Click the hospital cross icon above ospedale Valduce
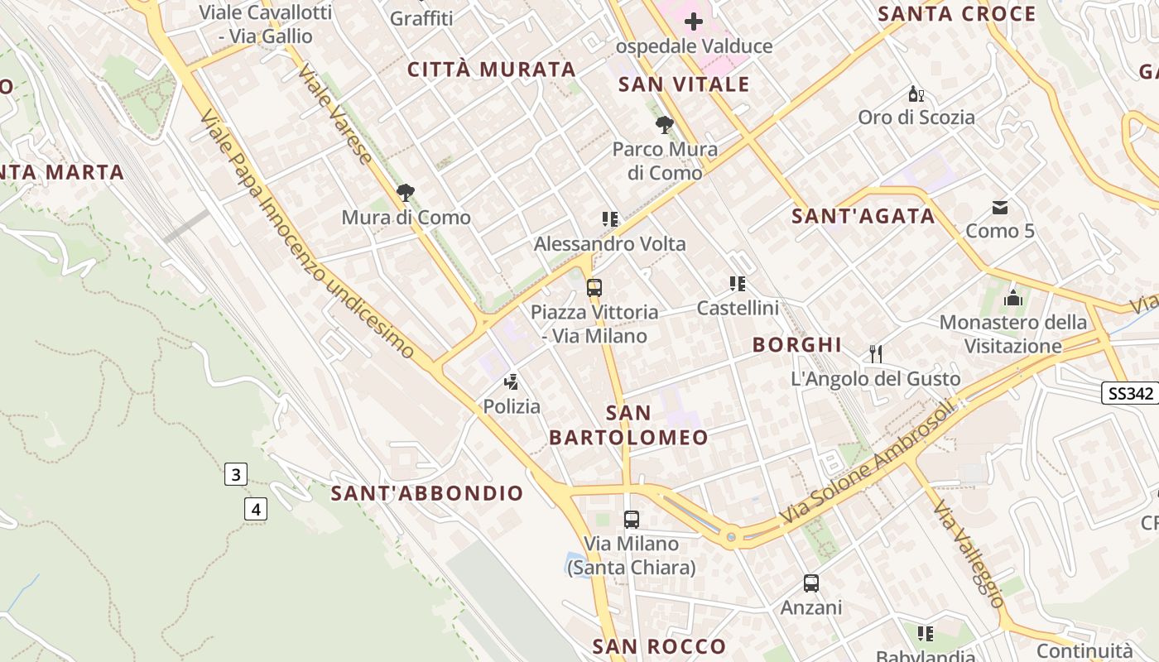pyautogui.click(x=694, y=22)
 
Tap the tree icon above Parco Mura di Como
pyautogui.click(x=664, y=125)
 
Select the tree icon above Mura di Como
pyautogui.click(x=406, y=193)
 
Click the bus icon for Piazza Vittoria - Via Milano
pyautogui.click(x=594, y=288)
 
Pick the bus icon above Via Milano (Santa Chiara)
pyautogui.click(x=632, y=520)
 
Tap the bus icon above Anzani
pyautogui.click(x=811, y=583)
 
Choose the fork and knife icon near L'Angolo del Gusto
pyautogui.click(x=876, y=354)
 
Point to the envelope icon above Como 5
pyautogui.click(x=1000, y=207)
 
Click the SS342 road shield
pyautogui.click(x=1130, y=393)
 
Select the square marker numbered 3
pyautogui.click(x=236, y=474)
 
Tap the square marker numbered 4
pyautogui.click(x=256, y=509)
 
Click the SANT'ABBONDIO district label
pyautogui.click(x=427, y=493)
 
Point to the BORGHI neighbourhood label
pyautogui.click(x=797, y=345)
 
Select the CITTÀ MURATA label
pyautogui.click(x=492, y=70)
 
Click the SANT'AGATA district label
pyautogui.click(x=863, y=216)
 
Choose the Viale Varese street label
pyautogui.click(x=334, y=113)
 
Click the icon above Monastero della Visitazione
pyautogui.click(x=1012, y=299)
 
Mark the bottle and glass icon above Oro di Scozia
pyautogui.click(x=916, y=94)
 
